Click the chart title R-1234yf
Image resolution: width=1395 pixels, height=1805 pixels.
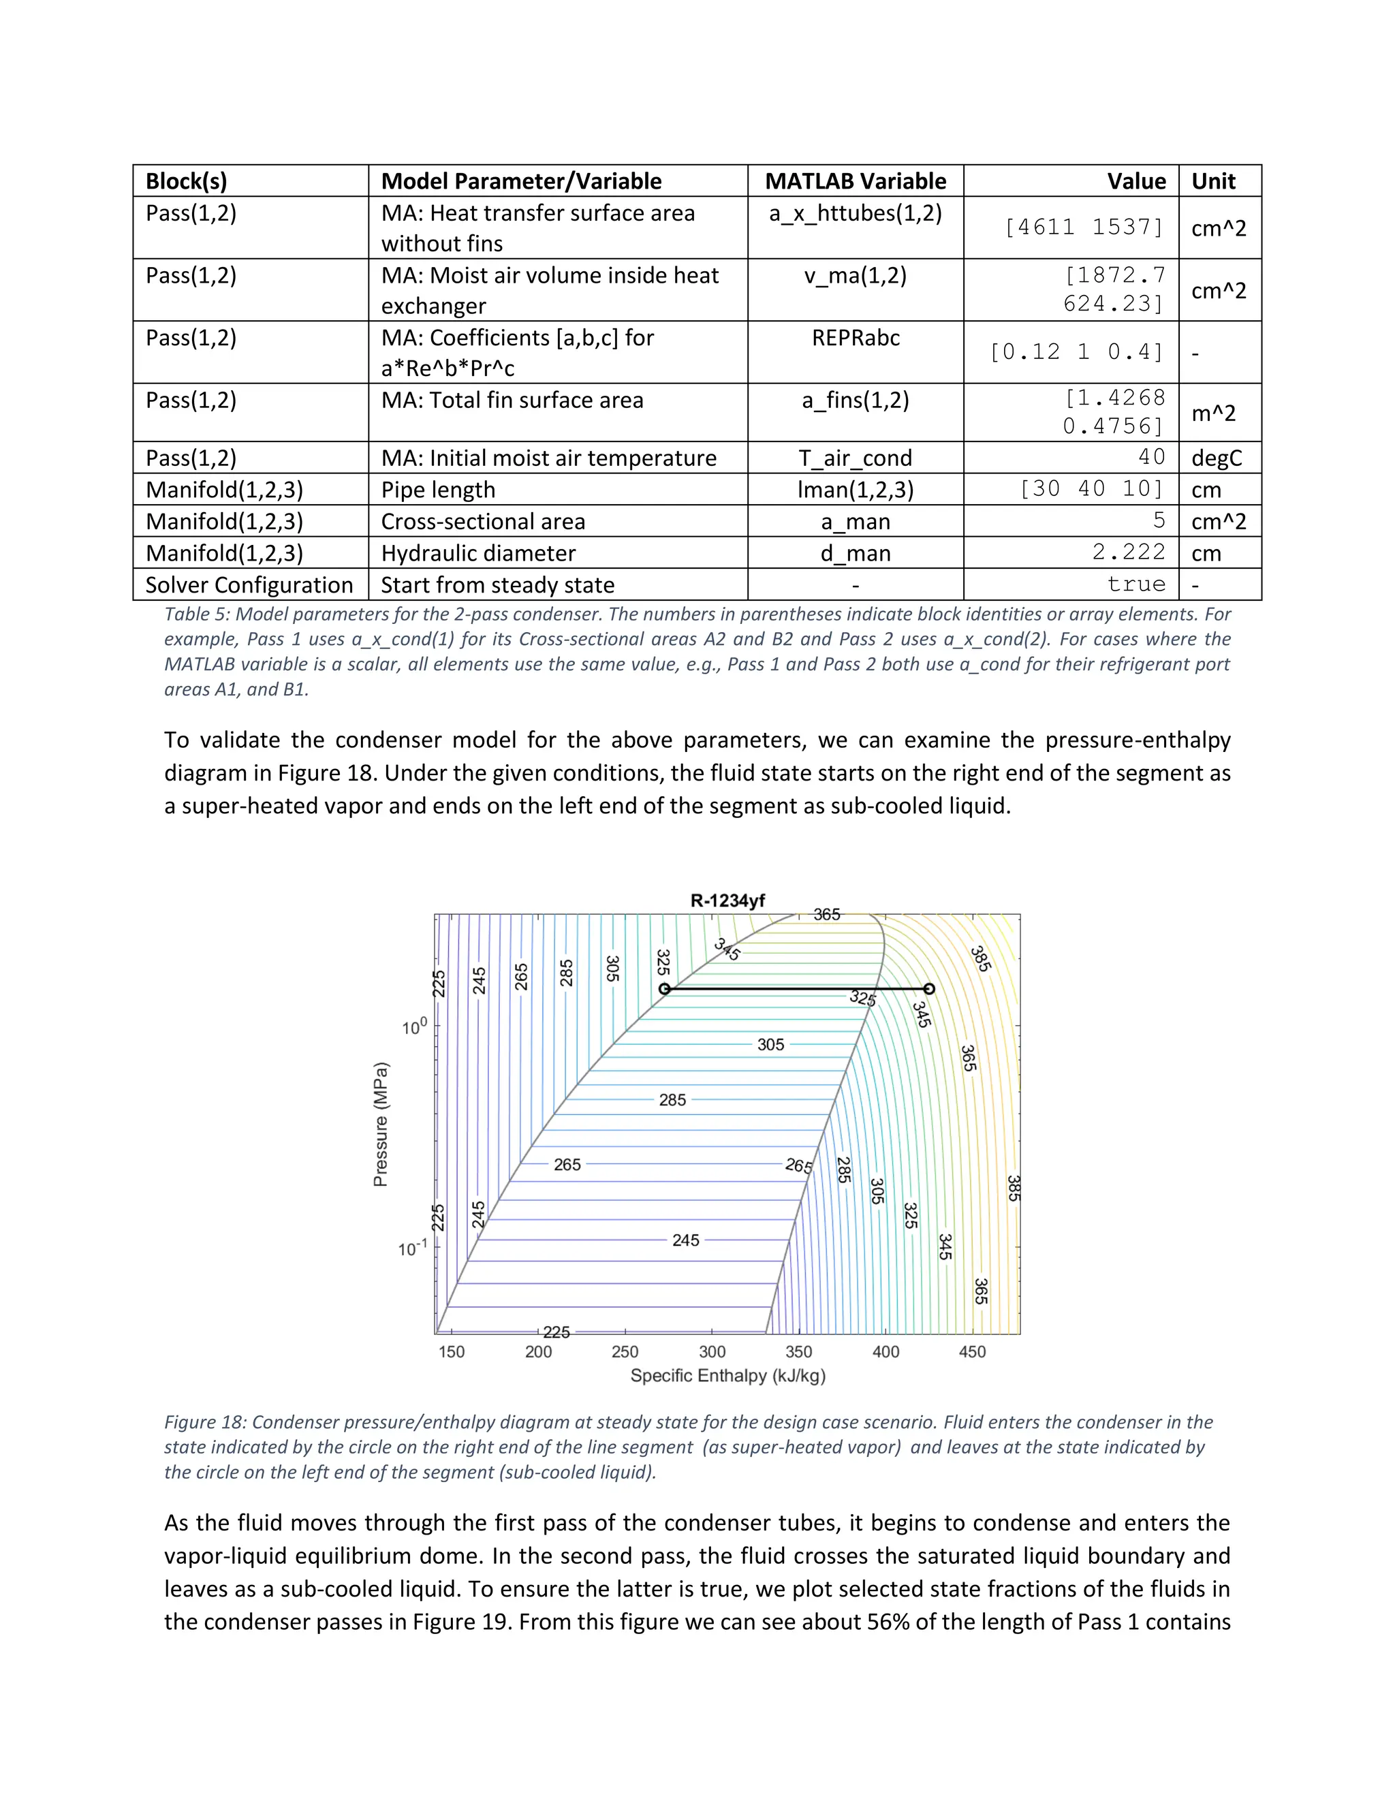[x=727, y=901]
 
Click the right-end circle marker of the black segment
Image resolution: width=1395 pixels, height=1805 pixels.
[x=929, y=988]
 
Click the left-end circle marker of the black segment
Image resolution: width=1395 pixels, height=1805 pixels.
[x=664, y=988]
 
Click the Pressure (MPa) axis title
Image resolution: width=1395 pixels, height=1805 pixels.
[x=380, y=1124]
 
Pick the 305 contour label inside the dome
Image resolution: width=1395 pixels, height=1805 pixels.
[x=770, y=1045]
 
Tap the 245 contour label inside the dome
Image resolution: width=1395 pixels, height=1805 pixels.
[x=685, y=1240]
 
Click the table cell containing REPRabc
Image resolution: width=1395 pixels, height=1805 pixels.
[x=856, y=338]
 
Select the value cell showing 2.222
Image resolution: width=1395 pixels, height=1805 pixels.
[x=1128, y=552]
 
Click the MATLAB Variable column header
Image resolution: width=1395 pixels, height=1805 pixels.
[x=856, y=181]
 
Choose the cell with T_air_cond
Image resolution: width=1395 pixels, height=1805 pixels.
[x=856, y=458]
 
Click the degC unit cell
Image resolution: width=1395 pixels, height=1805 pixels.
[x=1217, y=458]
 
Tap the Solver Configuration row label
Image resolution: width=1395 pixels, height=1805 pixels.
[x=249, y=585]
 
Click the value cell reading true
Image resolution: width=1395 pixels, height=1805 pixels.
[x=1136, y=584]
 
